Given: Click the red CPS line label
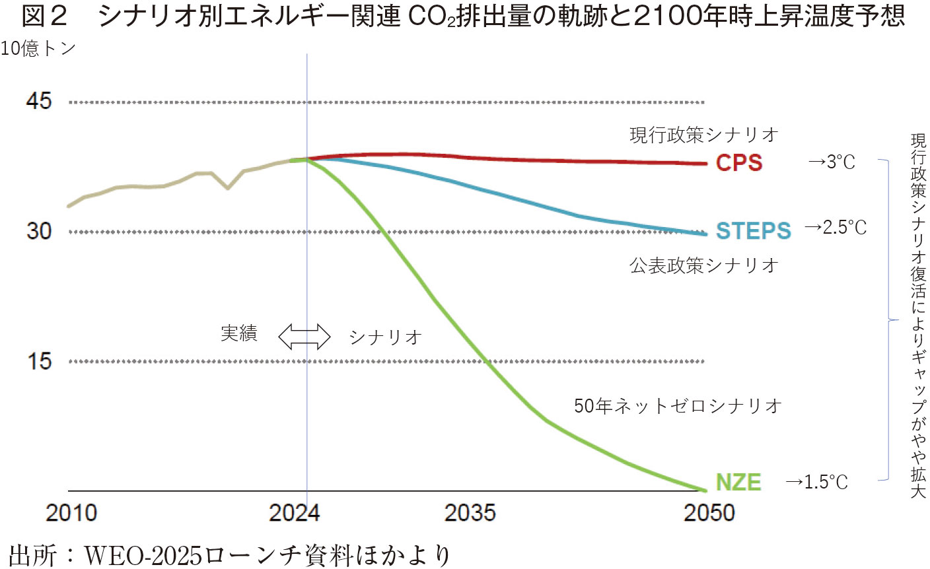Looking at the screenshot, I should point(739,162).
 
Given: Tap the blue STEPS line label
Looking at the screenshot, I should point(753,230).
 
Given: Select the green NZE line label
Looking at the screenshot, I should point(738,483).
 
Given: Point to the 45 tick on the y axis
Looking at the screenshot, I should point(39,101).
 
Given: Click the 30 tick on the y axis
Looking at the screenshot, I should point(39,231).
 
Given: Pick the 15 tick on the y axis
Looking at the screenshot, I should point(39,361).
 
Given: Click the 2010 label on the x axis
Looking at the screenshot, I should point(71,513).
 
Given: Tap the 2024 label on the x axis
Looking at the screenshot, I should point(294,513).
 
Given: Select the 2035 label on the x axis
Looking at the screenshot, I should point(470,513).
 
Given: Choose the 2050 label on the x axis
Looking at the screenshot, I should point(709,513).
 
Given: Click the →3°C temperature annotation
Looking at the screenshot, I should point(832,162).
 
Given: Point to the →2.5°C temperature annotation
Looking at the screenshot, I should point(836,228).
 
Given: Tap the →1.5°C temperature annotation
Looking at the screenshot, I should point(816,482).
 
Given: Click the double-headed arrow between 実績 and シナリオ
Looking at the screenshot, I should point(304,336).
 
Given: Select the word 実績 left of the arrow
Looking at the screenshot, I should point(238,333).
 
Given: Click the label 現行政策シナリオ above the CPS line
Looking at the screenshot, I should point(703,135).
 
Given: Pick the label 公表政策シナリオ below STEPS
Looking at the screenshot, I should point(703,265).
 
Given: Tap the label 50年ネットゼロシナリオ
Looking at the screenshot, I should point(678,405).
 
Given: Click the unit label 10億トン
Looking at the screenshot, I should point(38,49).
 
